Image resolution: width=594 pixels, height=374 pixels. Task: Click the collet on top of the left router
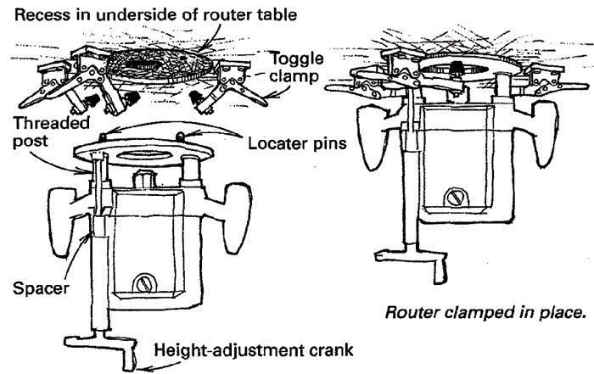[143, 181]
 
